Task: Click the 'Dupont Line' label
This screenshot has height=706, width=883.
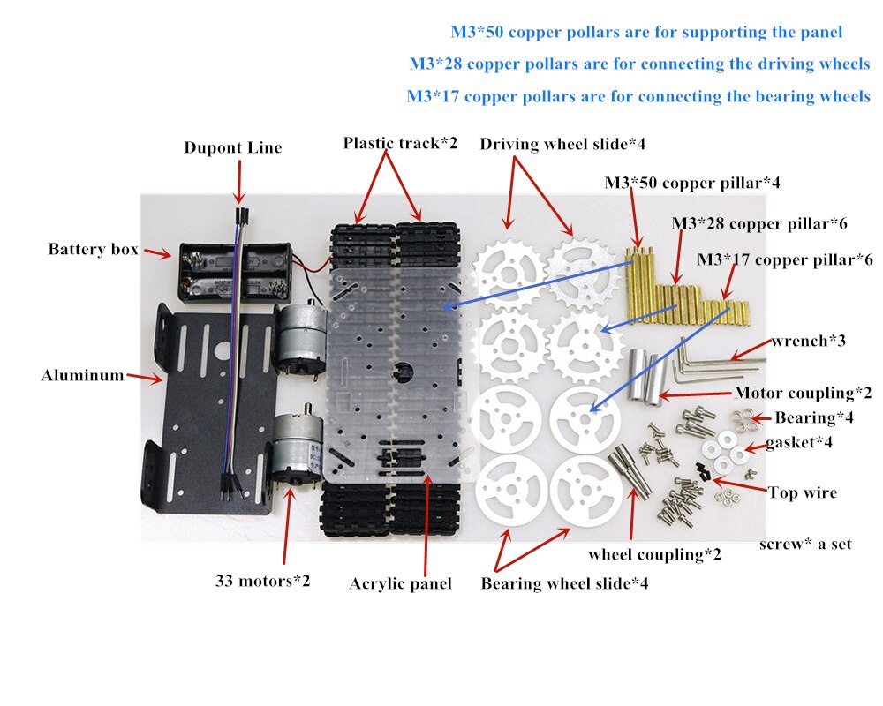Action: [233, 147]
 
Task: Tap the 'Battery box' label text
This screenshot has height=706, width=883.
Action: [93, 250]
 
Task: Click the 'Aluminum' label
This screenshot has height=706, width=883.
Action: [82, 376]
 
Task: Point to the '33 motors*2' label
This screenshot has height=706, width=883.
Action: [263, 582]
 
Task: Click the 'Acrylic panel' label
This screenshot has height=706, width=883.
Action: [400, 583]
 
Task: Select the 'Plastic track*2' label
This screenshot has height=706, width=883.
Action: [400, 143]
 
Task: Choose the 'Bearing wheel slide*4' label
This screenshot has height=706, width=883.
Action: [564, 583]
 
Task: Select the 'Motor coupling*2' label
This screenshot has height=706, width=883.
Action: [803, 394]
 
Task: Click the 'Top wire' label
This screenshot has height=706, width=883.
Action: [802, 493]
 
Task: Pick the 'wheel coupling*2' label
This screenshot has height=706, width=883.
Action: [654, 555]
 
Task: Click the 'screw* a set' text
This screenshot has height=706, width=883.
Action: [805, 544]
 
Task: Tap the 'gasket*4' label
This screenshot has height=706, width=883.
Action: [799, 441]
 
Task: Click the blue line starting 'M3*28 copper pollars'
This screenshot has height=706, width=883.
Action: [638, 64]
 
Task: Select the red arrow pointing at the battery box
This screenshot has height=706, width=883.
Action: [157, 253]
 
